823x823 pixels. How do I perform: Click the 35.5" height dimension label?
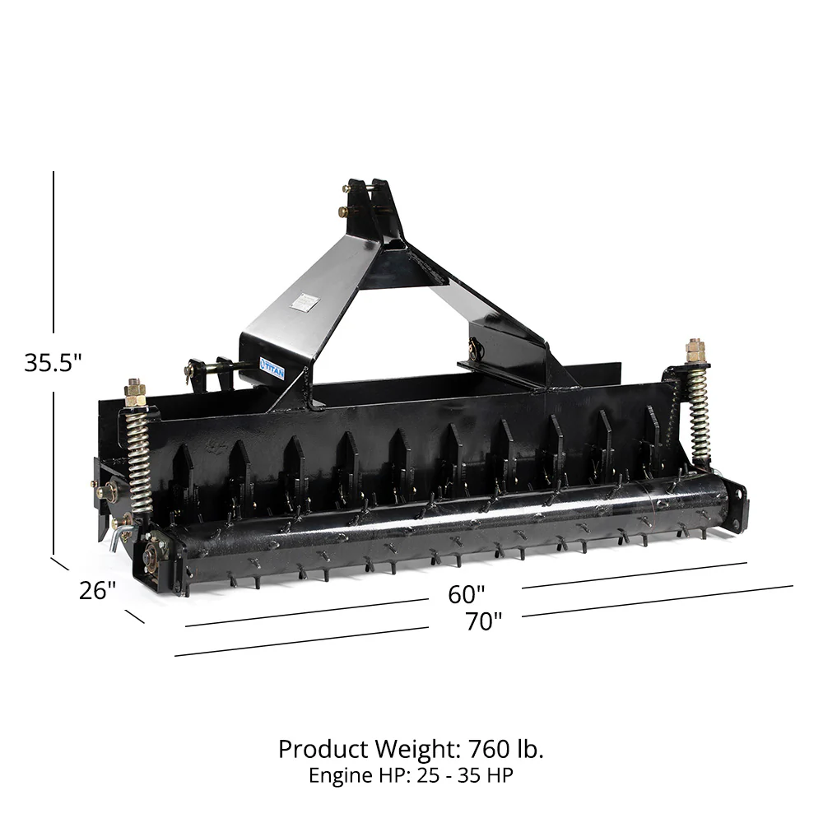click(53, 362)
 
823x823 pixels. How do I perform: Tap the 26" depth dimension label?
click(98, 590)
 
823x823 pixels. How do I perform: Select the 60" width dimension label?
click(467, 593)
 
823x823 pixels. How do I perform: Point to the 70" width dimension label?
click(483, 621)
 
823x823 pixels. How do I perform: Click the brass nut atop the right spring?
click(695, 351)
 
